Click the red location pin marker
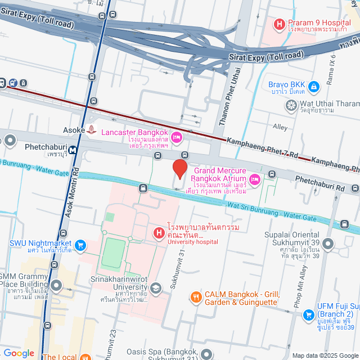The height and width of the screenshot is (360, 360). pyautogui.click(x=179, y=169)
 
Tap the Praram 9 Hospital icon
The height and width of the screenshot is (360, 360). pyautogui.click(x=278, y=24)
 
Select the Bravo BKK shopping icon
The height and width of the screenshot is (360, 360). pyautogui.click(x=314, y=86)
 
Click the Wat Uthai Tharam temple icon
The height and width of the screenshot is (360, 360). pyautogui.click(x=291, y=105)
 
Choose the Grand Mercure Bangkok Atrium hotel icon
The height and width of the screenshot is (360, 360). pyautogui.click(x=254, y=179)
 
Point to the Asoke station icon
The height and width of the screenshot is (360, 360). pyautogui.click(x=92, y=129)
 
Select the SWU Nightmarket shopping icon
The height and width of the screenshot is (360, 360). pyautogui.click(x=80, y=245)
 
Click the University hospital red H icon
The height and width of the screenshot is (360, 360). pyautogui.click(x=159, y=232)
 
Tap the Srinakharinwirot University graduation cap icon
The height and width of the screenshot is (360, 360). pyautogui.click(x=156, y=289)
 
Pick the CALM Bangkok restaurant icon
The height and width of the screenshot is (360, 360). pyautogui.click(x=195, y=296)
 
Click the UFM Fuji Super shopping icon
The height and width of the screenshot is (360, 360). pyautogui.click(x=308, y=316)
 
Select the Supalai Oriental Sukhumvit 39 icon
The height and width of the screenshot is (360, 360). pyautogui.click(x=328, y=244)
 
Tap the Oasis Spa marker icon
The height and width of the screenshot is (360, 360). pyautogui.click(x=206, y=354)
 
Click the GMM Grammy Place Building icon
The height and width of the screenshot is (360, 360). pyautogui.click(x=56, y=286)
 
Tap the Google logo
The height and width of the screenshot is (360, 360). pyautogui.click(x=19, y=353)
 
